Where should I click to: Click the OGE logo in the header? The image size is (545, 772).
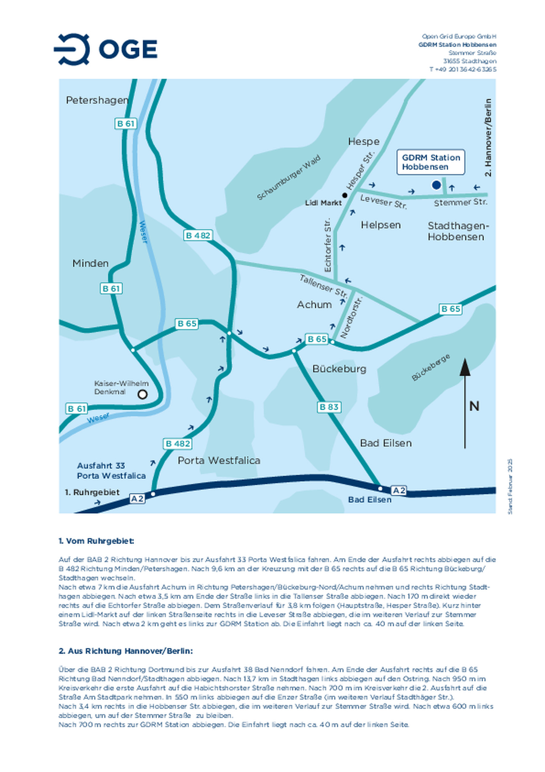106,49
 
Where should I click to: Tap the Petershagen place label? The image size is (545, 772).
97,100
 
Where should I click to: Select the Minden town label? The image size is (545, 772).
90,263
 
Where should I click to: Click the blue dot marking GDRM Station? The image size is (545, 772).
436,185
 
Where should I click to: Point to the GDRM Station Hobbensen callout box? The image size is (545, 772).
430,162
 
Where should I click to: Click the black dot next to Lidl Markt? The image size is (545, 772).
344,195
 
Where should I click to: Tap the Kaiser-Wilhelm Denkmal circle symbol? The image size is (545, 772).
142,394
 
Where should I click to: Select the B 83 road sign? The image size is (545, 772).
329,407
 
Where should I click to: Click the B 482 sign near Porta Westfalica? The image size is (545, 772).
178,444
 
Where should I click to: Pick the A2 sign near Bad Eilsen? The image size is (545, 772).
398,490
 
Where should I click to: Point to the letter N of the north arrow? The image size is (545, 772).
474,406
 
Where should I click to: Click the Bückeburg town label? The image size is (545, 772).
339,369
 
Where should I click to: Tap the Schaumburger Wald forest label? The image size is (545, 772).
288,177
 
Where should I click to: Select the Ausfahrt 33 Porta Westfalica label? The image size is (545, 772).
111,470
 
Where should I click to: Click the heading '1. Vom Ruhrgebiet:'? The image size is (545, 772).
97,541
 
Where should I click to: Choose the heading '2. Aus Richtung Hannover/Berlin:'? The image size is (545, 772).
126,651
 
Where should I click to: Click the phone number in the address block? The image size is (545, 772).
462,69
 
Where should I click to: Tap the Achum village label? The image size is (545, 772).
314,305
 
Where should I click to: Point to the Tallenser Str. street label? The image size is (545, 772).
324,286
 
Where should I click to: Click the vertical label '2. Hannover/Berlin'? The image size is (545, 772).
488,138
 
